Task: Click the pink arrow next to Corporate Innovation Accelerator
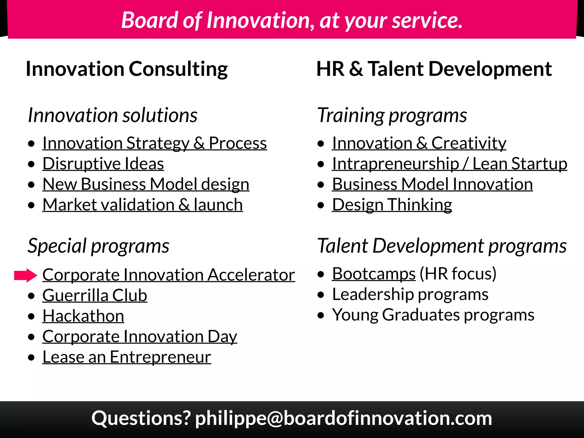point(26,275)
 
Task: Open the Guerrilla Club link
point(95,295)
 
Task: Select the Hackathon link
point(83,316)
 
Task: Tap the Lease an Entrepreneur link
point(127,357)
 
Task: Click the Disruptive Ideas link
point(103,164)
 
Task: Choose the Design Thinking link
point(392,205)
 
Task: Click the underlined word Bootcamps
point(374,274)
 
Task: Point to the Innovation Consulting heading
point(127,69)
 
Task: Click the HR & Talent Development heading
point(434,69)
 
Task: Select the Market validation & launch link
point(143,205)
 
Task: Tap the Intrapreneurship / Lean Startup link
point(449,164)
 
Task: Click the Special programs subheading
point(98,246)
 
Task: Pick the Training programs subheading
point(392,115)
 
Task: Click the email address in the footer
point(343,418)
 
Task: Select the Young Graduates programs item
point(433,315)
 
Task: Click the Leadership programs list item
point(410,294)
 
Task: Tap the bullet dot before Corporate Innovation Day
point(31,337)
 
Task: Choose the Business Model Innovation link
point(432,184)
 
